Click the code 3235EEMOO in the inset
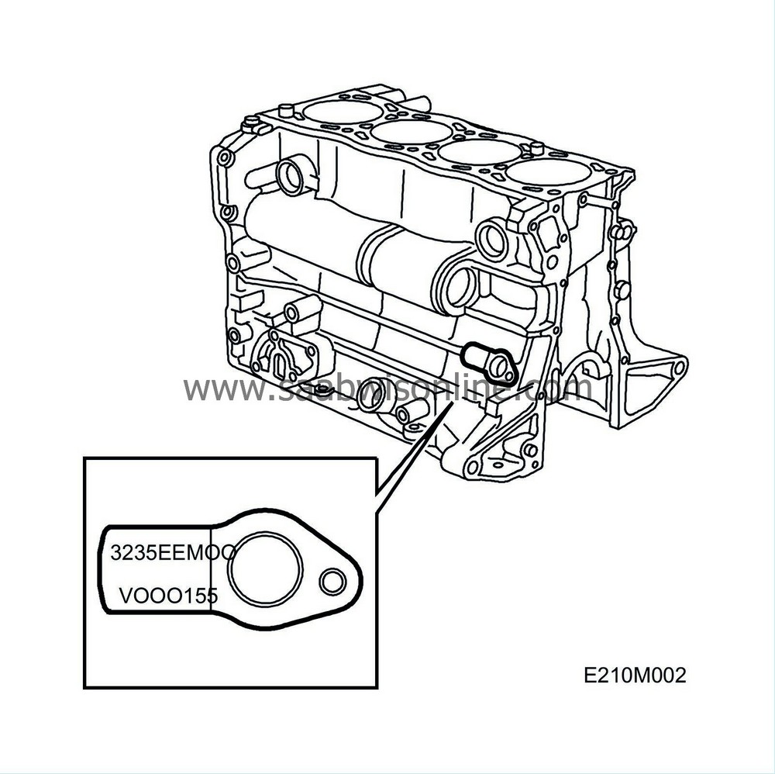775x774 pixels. click(172, 552)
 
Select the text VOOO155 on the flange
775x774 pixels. click(167, 596)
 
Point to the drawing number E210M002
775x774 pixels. click(635, 676)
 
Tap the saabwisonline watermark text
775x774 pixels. click(387, 387)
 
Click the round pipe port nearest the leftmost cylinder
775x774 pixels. click(292, 176)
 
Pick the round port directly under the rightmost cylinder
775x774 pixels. click(493, 240)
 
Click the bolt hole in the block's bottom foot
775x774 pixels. click(472, 468)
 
